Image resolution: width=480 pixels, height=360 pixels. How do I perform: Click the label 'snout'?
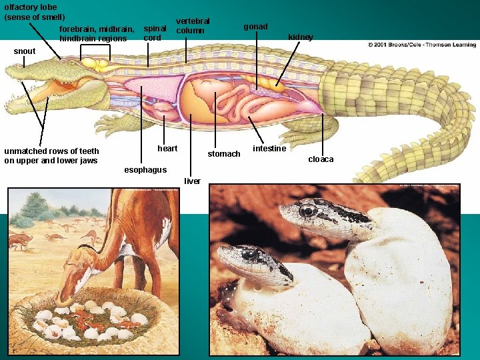[x=25, y=51]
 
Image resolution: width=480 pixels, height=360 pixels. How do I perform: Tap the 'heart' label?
[x=167, y=148]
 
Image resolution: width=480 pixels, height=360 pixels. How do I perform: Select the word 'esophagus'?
[x=145, y=170]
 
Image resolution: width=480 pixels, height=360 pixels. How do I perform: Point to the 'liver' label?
[x=193, y=181]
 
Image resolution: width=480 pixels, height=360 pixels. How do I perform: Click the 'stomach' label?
[x=224, y=154]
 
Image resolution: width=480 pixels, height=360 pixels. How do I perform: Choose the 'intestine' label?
[x=269, y=148]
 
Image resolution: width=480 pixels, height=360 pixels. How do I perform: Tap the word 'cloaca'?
[x=320, y=159]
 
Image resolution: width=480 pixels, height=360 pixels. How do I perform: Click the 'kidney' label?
[x=300, y=37]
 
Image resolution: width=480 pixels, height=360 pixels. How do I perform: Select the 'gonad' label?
[x=255, y=27]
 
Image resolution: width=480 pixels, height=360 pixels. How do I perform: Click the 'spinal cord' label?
[x=155, y=33]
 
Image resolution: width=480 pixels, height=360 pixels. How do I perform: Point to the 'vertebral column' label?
[x=192, y=26]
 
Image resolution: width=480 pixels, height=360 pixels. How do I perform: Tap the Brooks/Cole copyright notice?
[x=421, y=45]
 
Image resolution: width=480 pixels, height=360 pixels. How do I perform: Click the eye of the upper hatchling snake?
[x=308, y=211]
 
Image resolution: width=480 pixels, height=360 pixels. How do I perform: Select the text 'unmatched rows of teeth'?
[x=51, y=151]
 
